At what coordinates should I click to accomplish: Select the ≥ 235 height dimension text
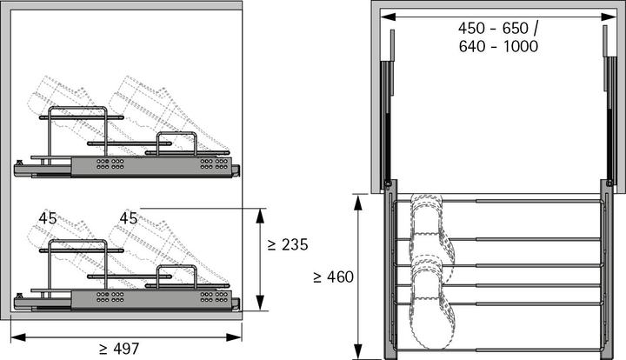pos(288,245)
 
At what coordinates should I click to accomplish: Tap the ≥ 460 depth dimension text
pos(333,277)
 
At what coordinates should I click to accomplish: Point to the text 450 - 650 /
pos(497,29)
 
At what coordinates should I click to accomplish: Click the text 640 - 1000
pos(497,47)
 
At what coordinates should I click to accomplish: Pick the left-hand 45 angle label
pos(48,218)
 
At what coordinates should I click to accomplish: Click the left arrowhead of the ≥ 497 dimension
pos(14,336)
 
